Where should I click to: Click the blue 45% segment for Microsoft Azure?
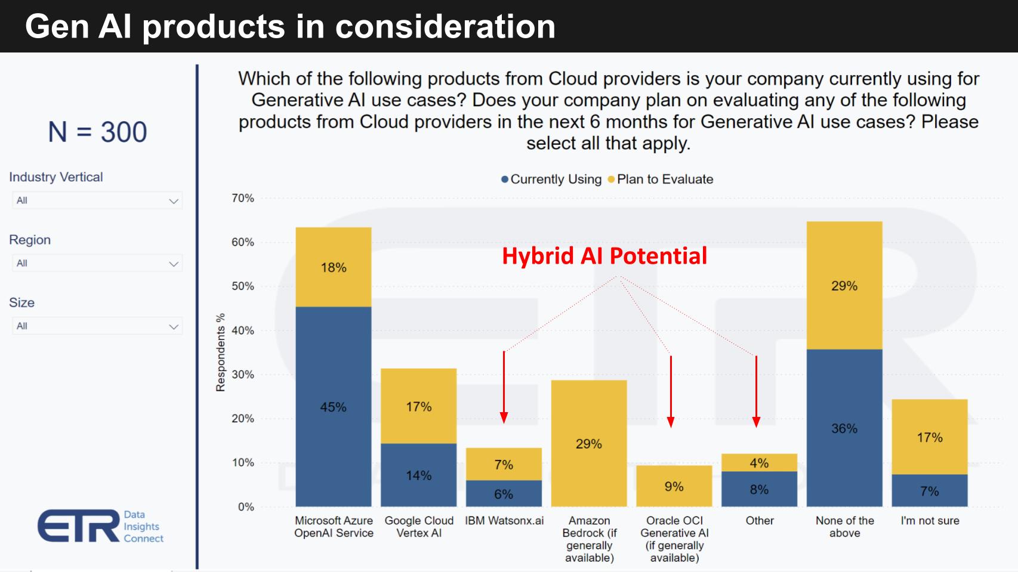[333, 407]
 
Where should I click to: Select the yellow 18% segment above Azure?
[333, 267]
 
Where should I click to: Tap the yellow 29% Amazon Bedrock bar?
[588, 444]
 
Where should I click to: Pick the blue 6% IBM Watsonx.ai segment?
[504, 494]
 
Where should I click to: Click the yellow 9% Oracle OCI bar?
[674, 486]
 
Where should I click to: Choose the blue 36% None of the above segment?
[844, 428]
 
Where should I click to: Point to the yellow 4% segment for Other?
[759, 463]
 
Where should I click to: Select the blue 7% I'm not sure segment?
[929, 491]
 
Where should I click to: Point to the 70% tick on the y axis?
[243, 198]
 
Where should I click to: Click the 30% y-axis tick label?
[243, 375]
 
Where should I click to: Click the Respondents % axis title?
[221, 352]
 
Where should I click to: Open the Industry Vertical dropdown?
[97, 200]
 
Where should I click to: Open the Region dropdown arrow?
[174, 264]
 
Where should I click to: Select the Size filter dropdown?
[97, 326]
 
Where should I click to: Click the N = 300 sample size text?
[97, 132]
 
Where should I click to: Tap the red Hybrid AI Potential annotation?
[604, 256]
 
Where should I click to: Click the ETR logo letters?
[79, 526]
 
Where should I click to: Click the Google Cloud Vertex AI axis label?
[419, 527]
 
